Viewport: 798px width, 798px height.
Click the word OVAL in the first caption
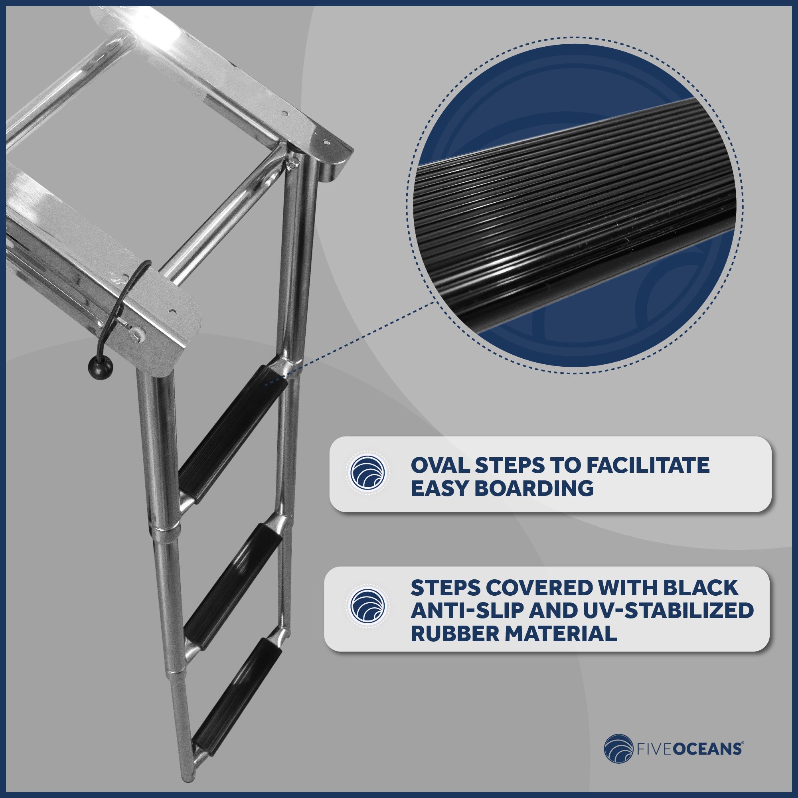439,466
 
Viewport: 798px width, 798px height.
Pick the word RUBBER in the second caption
455,634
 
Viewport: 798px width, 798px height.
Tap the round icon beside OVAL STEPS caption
367,472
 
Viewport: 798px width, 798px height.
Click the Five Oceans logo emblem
618,749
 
